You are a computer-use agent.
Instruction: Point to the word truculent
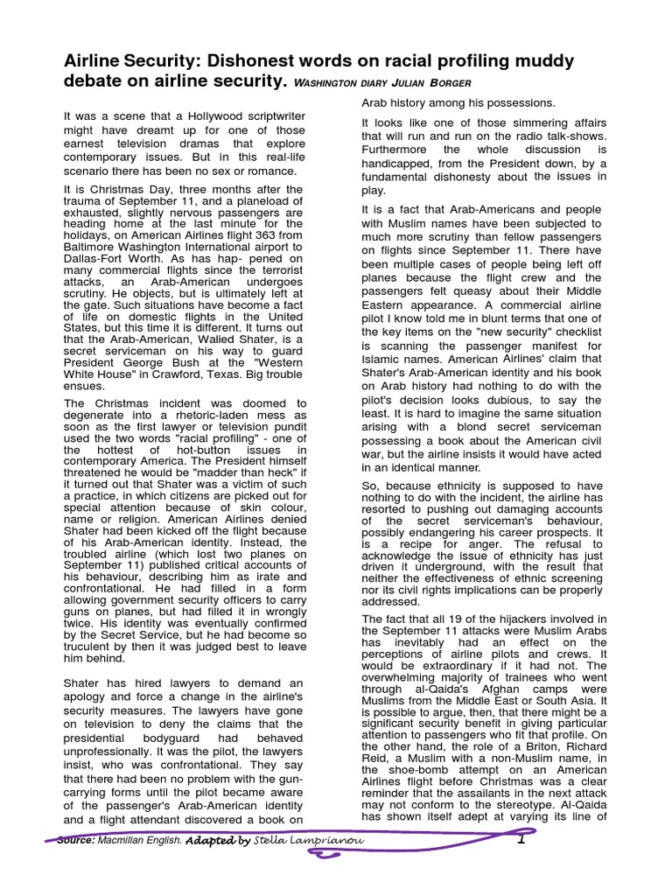pyautogui.click(x=92, y=647)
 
